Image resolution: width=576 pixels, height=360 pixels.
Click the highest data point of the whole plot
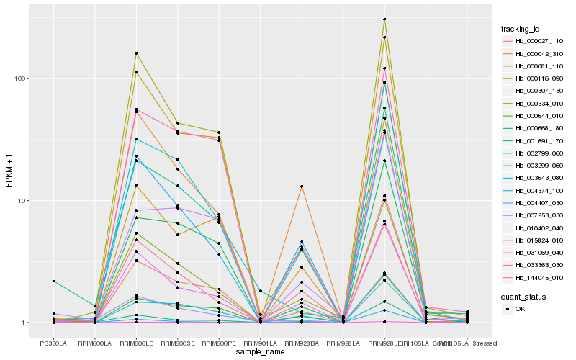[384, 19]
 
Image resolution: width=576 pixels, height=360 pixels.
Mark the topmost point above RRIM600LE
[136, 53]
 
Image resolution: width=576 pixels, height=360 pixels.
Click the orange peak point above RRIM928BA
[302, 186]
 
